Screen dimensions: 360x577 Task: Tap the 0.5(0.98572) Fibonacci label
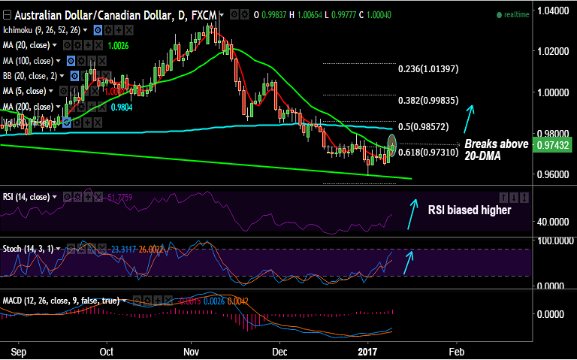pyautogui.click(x=427, y=126)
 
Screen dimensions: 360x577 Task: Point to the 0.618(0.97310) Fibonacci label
pyautogui.click(x=427, y=153)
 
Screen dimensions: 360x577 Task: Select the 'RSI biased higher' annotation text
pyautogui.click(x=470, y=210)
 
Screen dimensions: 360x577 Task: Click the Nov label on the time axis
pyautogui.click(x=192, y=351)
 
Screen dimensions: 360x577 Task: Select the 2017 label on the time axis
pyautogui.click(x=367, y=351)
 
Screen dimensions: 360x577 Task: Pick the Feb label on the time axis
pyautogui.click(x=455, y=351)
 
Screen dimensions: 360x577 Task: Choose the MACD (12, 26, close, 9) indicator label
pyautogui.click(x=61, y=301)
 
